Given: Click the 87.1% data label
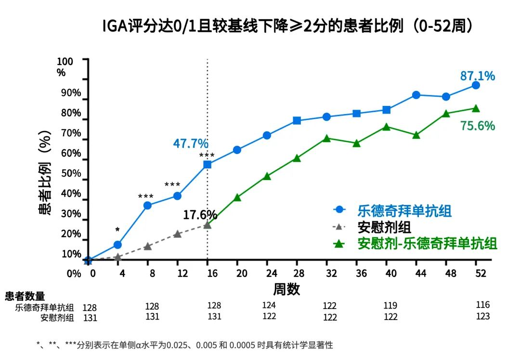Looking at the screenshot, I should click(x=478, y=76).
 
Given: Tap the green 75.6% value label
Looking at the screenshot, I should click(x=478, y=126).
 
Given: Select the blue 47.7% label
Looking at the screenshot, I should click(x=191, y=143).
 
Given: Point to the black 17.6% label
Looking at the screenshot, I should click(x=200, y=215).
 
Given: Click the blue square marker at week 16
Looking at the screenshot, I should click(x=208, y=165).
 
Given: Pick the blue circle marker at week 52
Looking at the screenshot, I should click(x=476, y=85).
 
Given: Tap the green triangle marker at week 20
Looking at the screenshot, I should click(x=237, y=197).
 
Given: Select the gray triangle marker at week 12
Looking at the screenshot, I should click(x=177, y=234).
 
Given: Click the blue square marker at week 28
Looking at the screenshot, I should click(x=297, y=121).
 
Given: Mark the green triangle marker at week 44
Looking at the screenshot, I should click(x=416, y=135).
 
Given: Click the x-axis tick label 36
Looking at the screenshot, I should click(x=356, y=273).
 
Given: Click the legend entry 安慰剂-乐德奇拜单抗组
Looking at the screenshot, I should click(x=427, y=243).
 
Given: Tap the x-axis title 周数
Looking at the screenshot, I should click(x=287, y=289).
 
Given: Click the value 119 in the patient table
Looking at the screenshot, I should click(x=390, y=306).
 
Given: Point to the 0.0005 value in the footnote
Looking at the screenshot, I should click(x=242, y=345).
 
